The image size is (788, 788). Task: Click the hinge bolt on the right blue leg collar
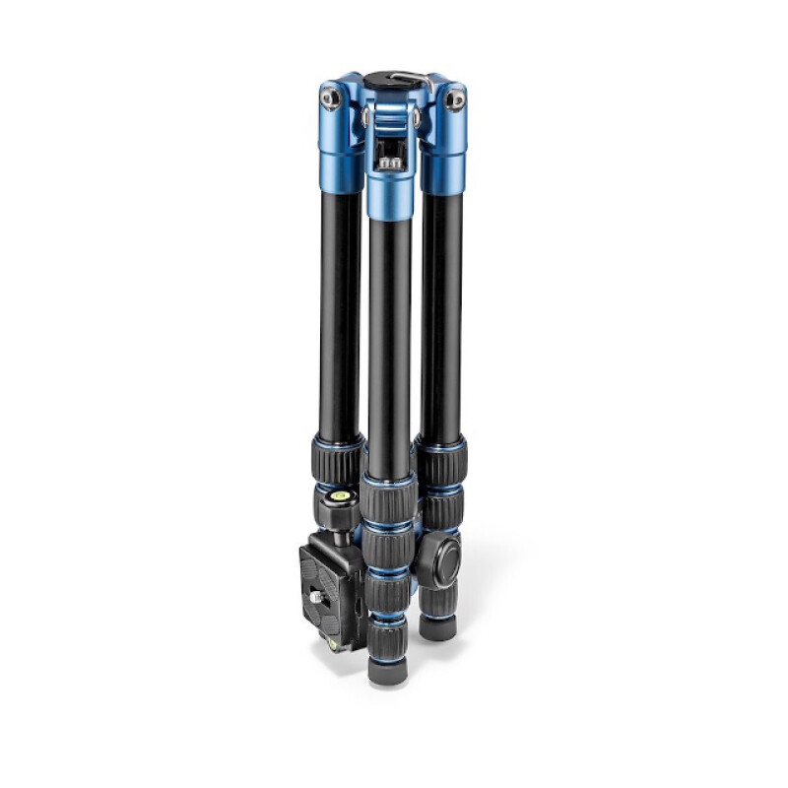click(455, 97)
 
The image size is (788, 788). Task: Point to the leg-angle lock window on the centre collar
click(391, 152)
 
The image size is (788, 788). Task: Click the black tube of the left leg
click(340, 315)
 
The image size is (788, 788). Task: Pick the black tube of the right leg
click(442, 315)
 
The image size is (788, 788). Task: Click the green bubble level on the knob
click(341, 495)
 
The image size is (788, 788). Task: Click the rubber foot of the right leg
click(437, 626)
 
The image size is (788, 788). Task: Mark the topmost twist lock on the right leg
click(442, 460)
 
